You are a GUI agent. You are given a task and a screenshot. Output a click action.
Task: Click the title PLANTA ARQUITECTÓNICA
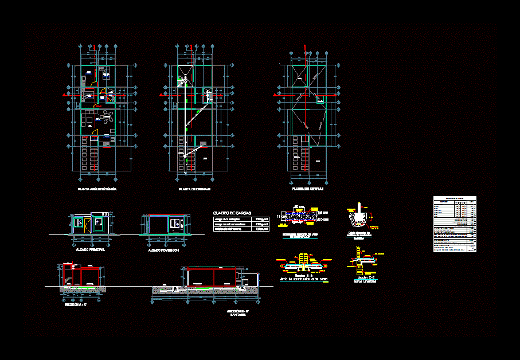coord(97,189)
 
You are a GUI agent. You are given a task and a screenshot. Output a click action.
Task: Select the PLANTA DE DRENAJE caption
coord(195,189)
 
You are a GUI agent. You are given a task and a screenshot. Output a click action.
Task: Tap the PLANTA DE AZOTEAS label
coord(307,188)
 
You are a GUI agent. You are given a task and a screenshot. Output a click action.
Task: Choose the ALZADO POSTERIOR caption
coord(164,250)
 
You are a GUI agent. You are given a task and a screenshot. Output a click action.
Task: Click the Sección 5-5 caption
coord(303,276)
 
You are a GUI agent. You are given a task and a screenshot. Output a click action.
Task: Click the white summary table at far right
coord(455,224)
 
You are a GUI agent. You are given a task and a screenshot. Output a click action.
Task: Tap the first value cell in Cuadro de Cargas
coord(262,220)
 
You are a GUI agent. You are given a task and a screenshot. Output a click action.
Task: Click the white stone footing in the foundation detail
coord(359,217)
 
